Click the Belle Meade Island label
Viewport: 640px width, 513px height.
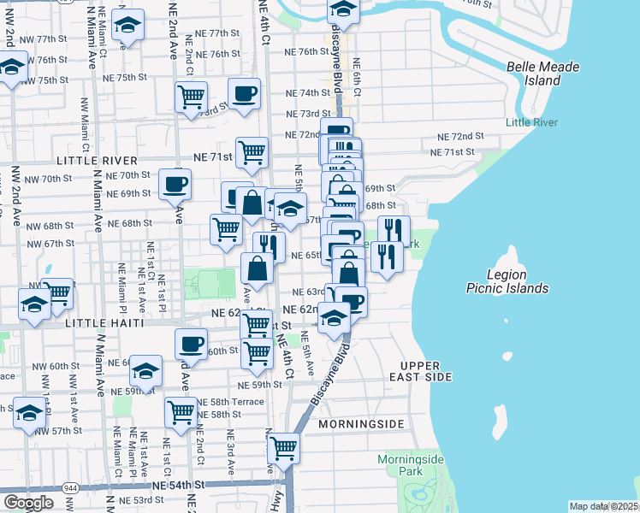click(542, 74)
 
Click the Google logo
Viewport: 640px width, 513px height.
click(27, 504)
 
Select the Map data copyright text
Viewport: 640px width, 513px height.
click(603, 506)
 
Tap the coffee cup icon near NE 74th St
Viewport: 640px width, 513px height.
click(244, 94)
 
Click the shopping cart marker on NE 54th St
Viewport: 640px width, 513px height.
click(283, 446)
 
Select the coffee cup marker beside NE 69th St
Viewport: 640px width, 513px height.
click(175, 184)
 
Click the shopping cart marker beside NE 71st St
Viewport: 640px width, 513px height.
click(252, 153)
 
